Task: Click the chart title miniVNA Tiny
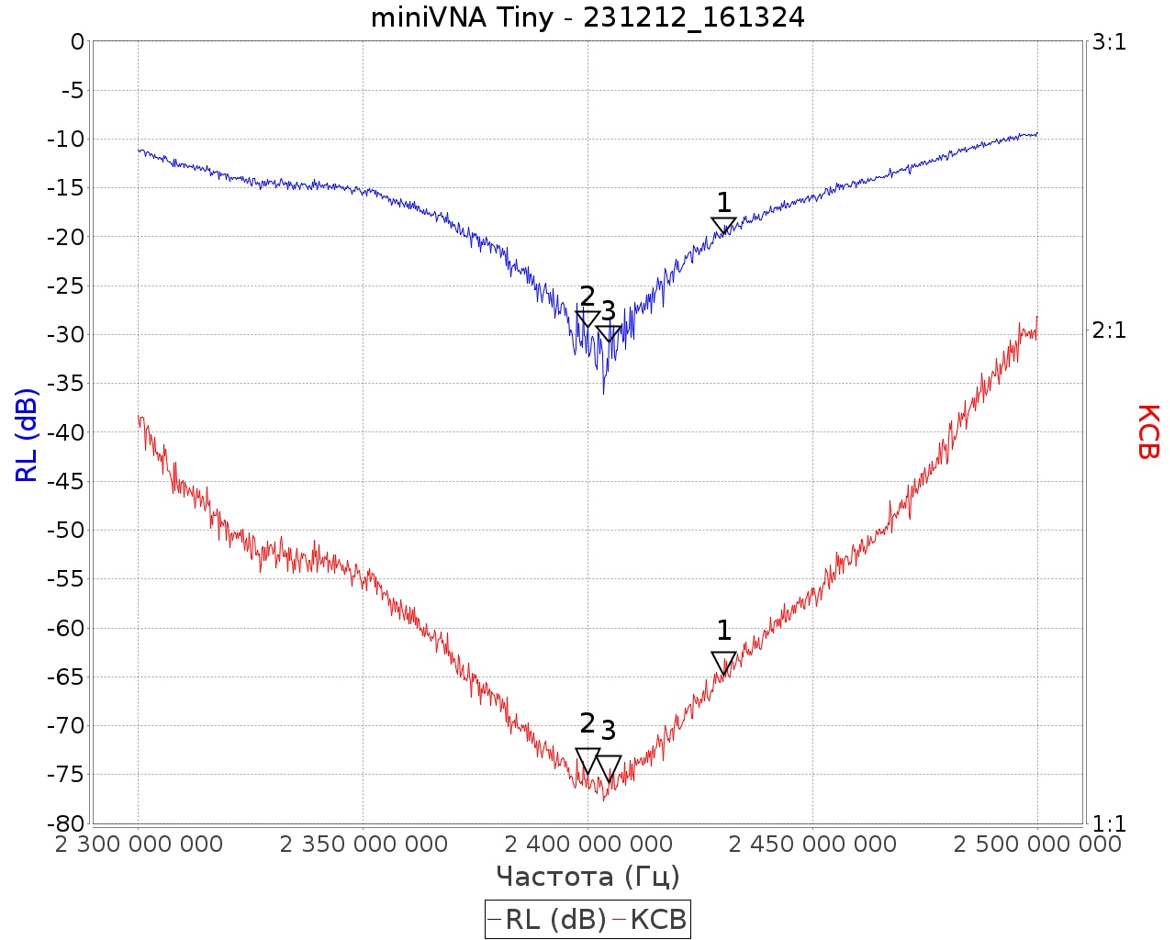click(587, 17)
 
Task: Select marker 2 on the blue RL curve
click(587, 319)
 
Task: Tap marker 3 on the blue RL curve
click(609, 333)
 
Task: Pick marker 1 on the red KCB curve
click(723, 662)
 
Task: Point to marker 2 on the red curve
click(587, 760)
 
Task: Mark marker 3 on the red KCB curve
click(609, 767)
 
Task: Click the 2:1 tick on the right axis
click(1109, 330)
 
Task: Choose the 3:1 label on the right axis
click(1109, 42)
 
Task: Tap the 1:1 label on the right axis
click(1109, 823)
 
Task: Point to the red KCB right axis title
click(1147, 431)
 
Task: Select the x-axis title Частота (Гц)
click(587, 877)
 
